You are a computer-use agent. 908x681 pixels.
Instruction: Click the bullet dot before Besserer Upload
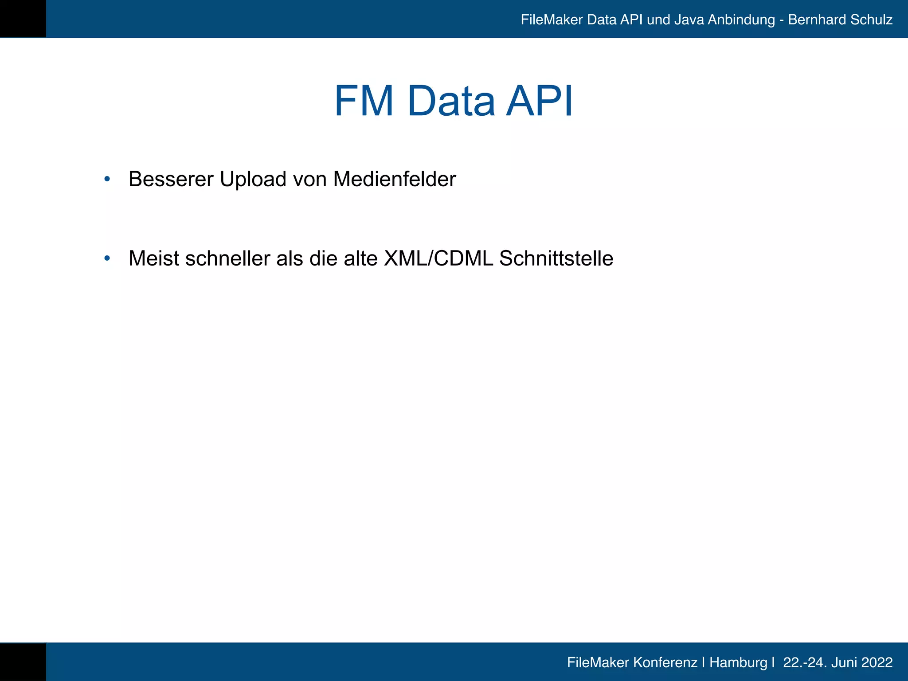(x=107, y=179)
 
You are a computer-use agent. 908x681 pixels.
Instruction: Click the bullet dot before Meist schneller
(x=107, y=258)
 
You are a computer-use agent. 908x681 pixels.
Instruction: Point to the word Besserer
(x=171, y=179)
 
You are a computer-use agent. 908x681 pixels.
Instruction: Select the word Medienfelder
(x=394, y=179)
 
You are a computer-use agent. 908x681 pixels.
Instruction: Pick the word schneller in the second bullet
(x=227, y=258)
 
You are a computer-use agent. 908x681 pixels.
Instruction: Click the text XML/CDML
(x=438, y=258)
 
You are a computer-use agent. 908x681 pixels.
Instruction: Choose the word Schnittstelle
(x=556, y=258)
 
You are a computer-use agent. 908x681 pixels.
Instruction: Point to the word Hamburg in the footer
(x=738, y=662)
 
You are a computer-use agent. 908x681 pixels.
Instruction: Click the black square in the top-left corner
(x=23, y=19)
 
